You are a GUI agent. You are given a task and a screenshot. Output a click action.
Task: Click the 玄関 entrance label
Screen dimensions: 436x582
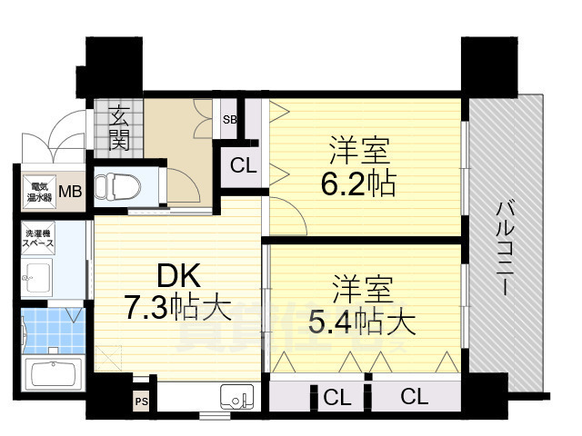pyautogui.click(x=118, y=127)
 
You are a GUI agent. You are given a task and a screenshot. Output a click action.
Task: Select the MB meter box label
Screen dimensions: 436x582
pyautogui.click(x=69, y=192)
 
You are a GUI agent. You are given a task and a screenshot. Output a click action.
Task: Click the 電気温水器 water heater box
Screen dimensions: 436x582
pyautogui.click(x=37, y=192)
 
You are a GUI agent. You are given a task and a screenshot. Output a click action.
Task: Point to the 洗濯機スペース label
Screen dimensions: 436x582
pyautogui.click(x=39, y=238)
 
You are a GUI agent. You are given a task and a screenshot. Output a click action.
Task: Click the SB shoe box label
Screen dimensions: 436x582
pyautogui.click(x=230, y=119)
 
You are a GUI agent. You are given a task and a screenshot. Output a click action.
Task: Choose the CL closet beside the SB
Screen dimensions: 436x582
pyautogui.click(x=242, y=165)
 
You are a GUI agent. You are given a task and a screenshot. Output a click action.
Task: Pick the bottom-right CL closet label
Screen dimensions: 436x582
pyautogui.click(x=414, y=396)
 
